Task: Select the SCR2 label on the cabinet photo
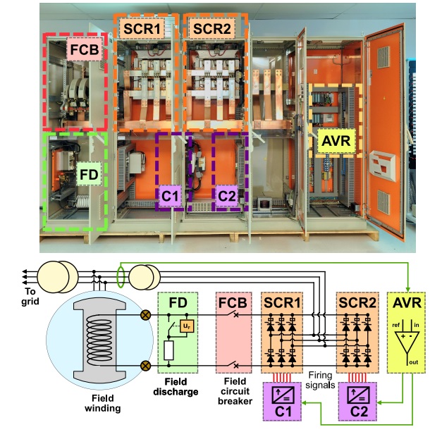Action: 210,29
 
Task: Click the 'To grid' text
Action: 13,299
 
